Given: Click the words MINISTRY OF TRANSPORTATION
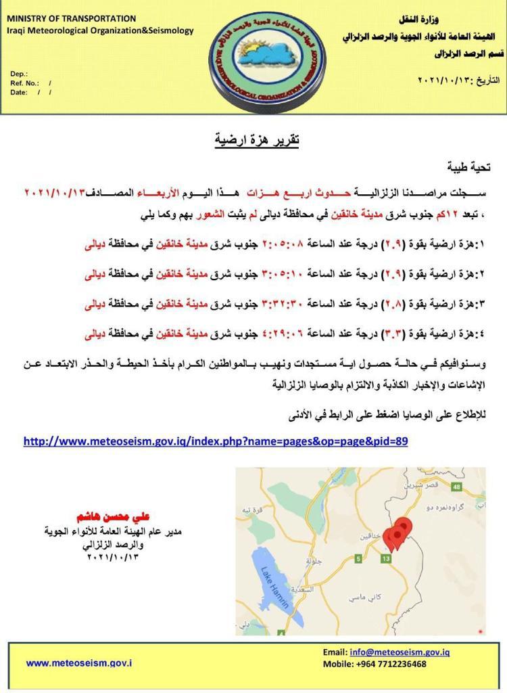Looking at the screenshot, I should click(71, 18).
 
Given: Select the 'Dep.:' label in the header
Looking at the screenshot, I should click(20, 72).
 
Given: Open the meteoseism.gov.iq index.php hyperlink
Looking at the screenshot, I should click(216, 441).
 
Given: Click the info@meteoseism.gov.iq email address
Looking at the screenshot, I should click(400, 652).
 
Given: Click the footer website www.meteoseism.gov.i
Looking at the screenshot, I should click(79, 663).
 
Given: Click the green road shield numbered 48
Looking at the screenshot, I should click(457, 487).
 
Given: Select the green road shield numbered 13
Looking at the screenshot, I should click(386, 558).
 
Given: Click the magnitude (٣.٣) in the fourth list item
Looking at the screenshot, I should click(393, 334).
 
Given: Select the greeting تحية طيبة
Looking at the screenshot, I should click(469, 166).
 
